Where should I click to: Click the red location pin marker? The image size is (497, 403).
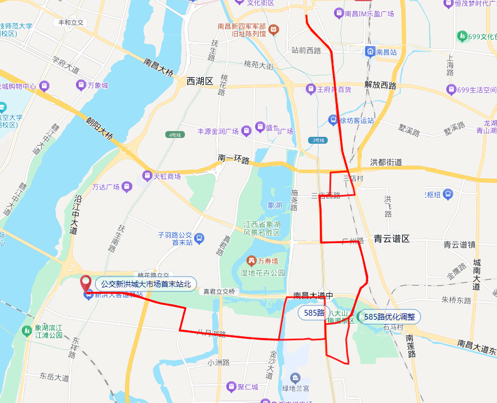point(86,283)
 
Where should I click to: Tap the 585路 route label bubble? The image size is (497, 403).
point(314,313)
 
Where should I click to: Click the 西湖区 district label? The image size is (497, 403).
point(200,81)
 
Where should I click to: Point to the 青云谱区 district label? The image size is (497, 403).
point(391,238)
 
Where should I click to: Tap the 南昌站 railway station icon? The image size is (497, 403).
point(370,52)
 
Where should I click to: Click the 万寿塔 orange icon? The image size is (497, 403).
point(251,261)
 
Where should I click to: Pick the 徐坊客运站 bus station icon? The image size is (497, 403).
point(333,120)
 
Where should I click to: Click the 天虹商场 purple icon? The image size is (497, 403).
point(147,176)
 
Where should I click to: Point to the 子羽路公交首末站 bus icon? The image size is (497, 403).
point(199,238)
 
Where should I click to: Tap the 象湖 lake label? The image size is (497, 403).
point(275,205)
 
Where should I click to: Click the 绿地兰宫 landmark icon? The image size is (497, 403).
point(295,378)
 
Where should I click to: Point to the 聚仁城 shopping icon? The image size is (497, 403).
point(232,387)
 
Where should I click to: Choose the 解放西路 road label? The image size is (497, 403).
point(380,85)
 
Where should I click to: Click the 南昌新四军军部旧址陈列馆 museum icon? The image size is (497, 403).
point(274,29)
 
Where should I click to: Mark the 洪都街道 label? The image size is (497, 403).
point(386,162)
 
